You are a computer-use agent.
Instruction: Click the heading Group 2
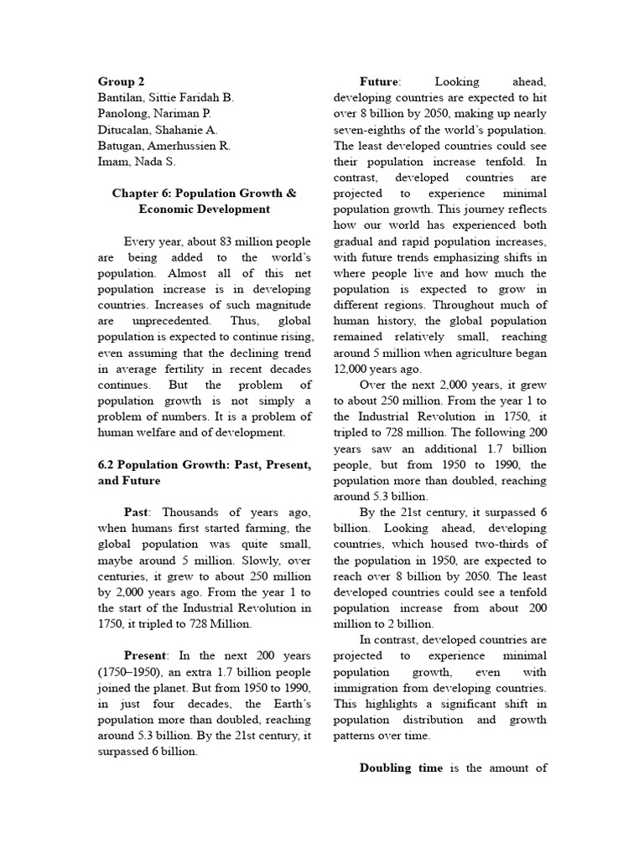[x=122, y=81]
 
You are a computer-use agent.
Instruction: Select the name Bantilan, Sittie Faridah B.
[x=165, y=97]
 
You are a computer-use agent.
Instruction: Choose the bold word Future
[x=379, y=81]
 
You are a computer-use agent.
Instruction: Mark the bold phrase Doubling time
[x=401, y=768]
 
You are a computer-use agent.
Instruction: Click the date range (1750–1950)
[x=137, y=671]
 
